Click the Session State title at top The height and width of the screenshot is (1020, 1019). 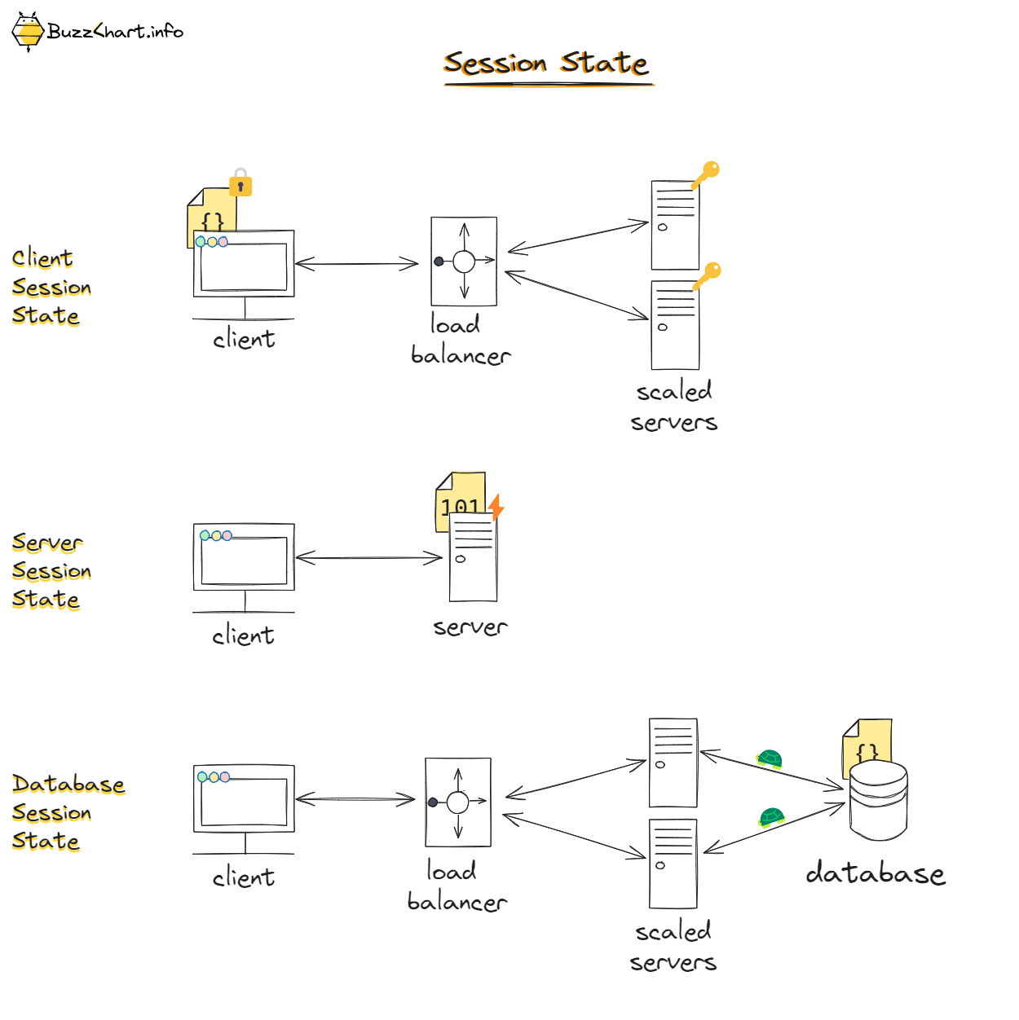[546, 64]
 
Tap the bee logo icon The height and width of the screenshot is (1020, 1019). [28, 32]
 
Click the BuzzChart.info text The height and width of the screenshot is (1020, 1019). [115, 32]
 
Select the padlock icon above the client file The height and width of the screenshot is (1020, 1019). [240, 183]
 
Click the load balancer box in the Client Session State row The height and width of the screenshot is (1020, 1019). [464, 262]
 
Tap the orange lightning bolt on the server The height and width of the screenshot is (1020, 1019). [496, 507]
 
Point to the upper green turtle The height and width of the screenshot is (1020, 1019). [770, 759]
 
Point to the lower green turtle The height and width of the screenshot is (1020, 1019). [771, 816]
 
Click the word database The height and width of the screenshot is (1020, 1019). [876, 873]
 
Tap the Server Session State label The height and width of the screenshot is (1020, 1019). [51, 571]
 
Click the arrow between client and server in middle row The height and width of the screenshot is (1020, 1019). [368, 558]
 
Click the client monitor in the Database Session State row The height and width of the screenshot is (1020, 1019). [244, 799]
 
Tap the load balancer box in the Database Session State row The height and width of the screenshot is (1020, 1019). [458, 802]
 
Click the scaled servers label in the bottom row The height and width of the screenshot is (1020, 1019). [673, 947]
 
